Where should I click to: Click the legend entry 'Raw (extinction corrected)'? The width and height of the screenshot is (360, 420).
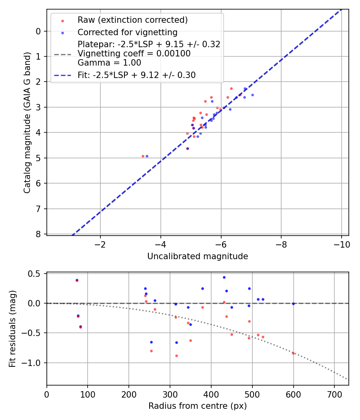(x=132, y=20)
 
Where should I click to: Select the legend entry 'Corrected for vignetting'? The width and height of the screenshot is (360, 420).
(x=127, y=32)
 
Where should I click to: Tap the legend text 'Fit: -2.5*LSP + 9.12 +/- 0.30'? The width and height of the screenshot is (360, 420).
(x=136, y=75)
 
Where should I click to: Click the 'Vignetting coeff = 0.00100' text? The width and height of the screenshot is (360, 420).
(x=134, y=54)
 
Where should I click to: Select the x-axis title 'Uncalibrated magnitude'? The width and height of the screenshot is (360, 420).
(x=198, y=256)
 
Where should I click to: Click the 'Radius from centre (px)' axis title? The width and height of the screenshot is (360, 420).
(x=198, y=406)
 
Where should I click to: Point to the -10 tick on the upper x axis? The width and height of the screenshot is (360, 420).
(x=342, y=245)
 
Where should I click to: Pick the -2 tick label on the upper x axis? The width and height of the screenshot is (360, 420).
(x=100, y=245)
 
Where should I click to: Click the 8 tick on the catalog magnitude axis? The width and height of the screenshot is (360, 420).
(x=39, y=234)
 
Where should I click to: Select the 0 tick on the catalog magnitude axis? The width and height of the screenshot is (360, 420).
(x=39, y=31)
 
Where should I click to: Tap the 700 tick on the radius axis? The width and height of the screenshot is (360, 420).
(x=334, y=394)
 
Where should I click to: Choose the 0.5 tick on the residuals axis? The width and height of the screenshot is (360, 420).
(x=36, y=274)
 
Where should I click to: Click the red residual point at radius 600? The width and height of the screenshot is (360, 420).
(x=293, y=353)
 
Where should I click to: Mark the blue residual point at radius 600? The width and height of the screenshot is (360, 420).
(x=293, y=304)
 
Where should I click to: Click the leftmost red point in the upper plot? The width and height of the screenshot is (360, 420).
(x=143, y=156)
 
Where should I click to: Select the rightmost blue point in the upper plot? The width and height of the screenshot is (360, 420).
(x=252, y=95)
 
